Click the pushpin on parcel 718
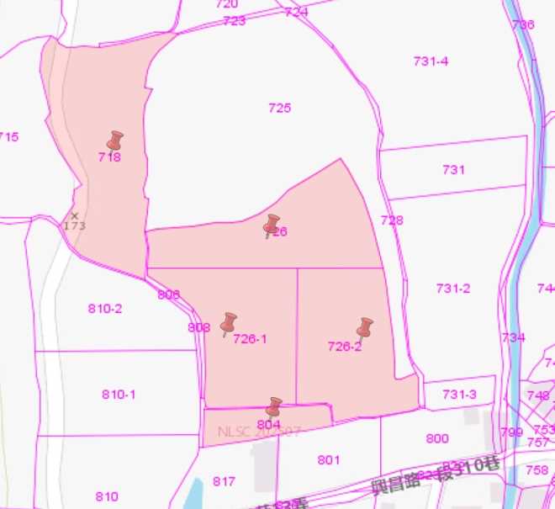click(114, 141)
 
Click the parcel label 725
click(280, 108)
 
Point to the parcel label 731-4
click(431, 61)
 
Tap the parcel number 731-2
click(453, 288)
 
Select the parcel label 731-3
click(459, 394)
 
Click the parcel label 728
click(392, 220)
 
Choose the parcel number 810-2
click(105, 309)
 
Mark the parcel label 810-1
click(119, 394)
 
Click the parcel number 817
click(224, 481)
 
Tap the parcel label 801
click(329, 459)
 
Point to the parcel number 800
click(437, 438)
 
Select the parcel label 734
click(513, 337)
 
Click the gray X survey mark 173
click(74, 216)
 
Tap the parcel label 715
click(8, 136)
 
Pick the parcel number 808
click(199, 327)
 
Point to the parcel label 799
click(511, 432)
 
